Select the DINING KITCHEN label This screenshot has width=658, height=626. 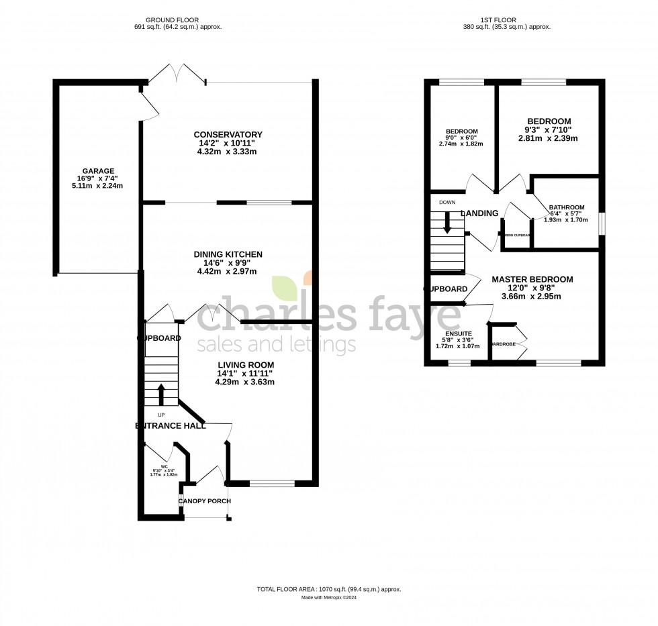point(228,254)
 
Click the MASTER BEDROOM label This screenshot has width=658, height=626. point(532,279)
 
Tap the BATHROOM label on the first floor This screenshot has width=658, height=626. point(566,208)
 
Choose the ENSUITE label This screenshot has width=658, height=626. point(458,333)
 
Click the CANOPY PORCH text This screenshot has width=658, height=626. point(204,501)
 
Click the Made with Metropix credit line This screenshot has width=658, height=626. point(328,597)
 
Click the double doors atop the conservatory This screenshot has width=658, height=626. point(177,74)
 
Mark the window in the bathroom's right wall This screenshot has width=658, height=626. point(602,222)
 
